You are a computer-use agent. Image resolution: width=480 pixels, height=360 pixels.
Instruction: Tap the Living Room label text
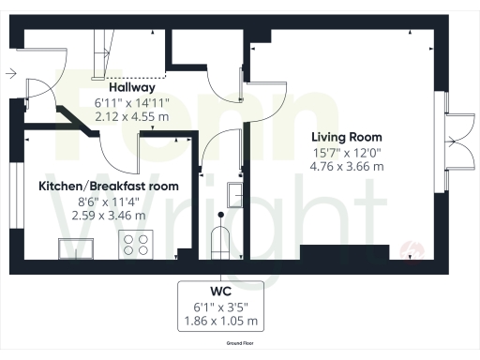coord(347,137)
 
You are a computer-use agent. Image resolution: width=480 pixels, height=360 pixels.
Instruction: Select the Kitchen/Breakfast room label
coord(109,186)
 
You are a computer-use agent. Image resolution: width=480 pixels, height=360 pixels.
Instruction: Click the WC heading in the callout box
coord(222,290)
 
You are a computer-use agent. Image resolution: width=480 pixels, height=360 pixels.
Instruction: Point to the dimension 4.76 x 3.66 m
coord(347,166)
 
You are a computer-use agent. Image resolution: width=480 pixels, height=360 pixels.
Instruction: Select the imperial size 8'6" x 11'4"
coord(109,201)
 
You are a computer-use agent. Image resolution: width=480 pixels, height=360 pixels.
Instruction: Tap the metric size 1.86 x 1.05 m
coord(222,321)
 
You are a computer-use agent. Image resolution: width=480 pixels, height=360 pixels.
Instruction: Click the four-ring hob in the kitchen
coord(137,245)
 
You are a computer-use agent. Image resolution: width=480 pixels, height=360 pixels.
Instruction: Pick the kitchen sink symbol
coord(76,247)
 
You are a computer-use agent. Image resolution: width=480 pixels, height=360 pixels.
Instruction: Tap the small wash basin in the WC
coord(236,195)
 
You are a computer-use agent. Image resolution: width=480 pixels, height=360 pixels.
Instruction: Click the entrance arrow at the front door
coord(9,72)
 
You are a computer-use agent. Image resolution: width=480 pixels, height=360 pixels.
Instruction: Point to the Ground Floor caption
coord(241,343)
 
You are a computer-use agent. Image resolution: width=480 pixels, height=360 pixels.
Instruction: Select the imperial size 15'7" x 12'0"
coord(347,152)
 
